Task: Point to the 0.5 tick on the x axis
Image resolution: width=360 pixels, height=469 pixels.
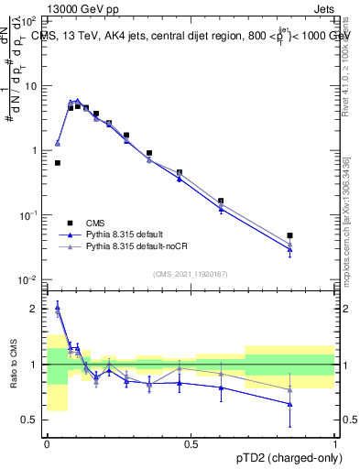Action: coord(191,444)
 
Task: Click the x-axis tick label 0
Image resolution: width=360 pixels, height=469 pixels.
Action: coord(47,444)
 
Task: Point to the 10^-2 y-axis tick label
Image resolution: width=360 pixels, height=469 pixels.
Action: coord(28,280)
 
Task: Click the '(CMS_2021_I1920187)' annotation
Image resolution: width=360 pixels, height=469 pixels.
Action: coord(190,274)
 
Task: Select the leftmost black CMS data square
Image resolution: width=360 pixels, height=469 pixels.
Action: coord(58,163)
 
